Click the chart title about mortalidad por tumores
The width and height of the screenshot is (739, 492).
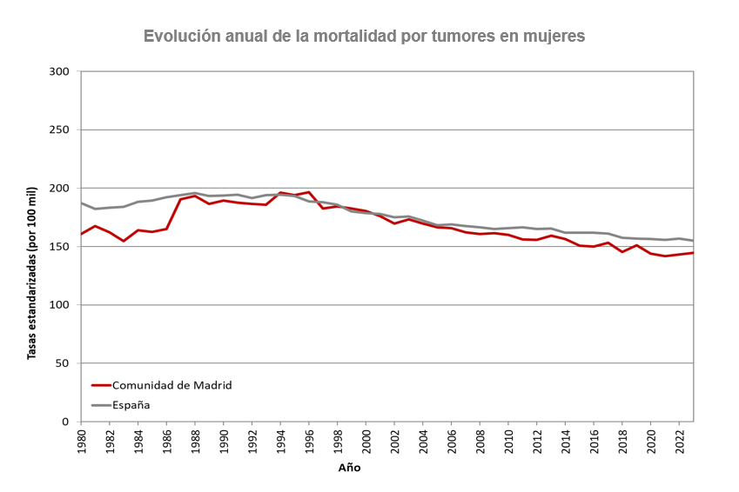click(364, 36)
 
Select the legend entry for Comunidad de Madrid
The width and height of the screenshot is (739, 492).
click(171, 385)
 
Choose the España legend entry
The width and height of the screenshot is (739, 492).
click(131, 405)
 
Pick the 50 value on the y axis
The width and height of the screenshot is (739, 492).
click(62, 363)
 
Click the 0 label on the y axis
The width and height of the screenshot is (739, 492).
click(65, 422)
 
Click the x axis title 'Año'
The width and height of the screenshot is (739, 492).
click(349, 468)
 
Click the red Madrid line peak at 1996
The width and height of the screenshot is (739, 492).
click(309, 192)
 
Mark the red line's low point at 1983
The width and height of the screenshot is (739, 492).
click(124, 241)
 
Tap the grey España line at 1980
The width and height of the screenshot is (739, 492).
click(81, 203)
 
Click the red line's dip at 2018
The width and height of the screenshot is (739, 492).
click(622, 252)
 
